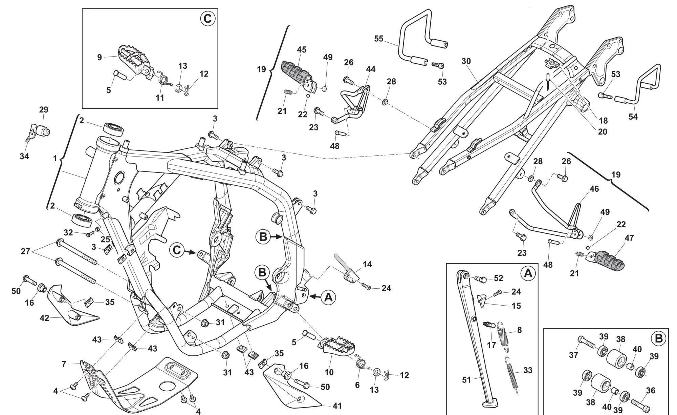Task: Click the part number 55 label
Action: pos(379,39)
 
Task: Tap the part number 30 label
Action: pos(466,61)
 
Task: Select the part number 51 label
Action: pos(466,380)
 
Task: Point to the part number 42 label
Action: pos(44,318)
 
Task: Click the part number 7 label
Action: pos(64,364)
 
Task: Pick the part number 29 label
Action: pos(44,110)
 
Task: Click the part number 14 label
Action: pos(367,264)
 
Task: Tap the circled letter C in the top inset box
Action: pos(207,19)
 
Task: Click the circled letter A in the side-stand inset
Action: pos(528,273)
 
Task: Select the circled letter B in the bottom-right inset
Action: pos(659,338)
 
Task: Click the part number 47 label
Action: pos(629,238)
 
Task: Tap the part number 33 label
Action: pos(528,371)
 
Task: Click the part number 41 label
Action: pos(337,406)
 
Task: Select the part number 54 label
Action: pos(633,117)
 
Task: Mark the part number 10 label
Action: pos(329,373)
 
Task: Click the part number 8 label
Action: pos(519,330)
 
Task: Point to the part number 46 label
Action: pos(594,189)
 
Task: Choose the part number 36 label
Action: pos(651,391)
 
